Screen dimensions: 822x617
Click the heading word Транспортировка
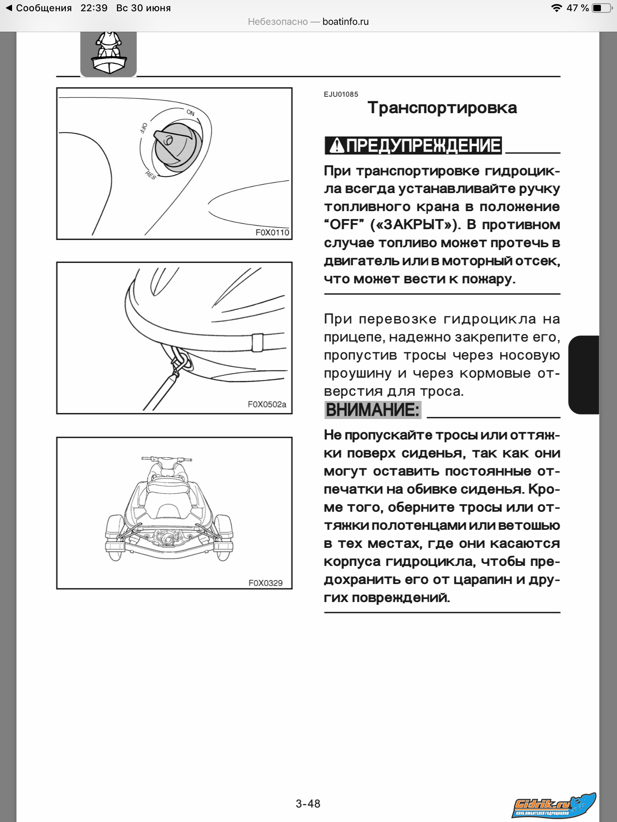(x=442, y=108)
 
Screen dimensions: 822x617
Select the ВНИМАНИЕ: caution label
(x=372, y=410)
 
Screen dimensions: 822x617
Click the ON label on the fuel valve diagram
(x=190, y=113)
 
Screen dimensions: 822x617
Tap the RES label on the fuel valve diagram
(x=150, y=175)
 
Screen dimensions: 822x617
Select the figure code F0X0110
(x=272, y=232)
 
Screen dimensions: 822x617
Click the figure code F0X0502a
(x=267, y=404)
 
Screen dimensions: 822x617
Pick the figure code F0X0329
(x=265, y=583)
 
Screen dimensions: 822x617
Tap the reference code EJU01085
(x=341, y=94)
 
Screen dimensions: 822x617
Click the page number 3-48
(x=308, y=804)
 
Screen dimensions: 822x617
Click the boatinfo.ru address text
(x=345, y=22)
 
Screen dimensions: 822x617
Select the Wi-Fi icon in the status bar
(x=556, y=8)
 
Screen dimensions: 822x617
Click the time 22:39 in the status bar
(x=94, y=8)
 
